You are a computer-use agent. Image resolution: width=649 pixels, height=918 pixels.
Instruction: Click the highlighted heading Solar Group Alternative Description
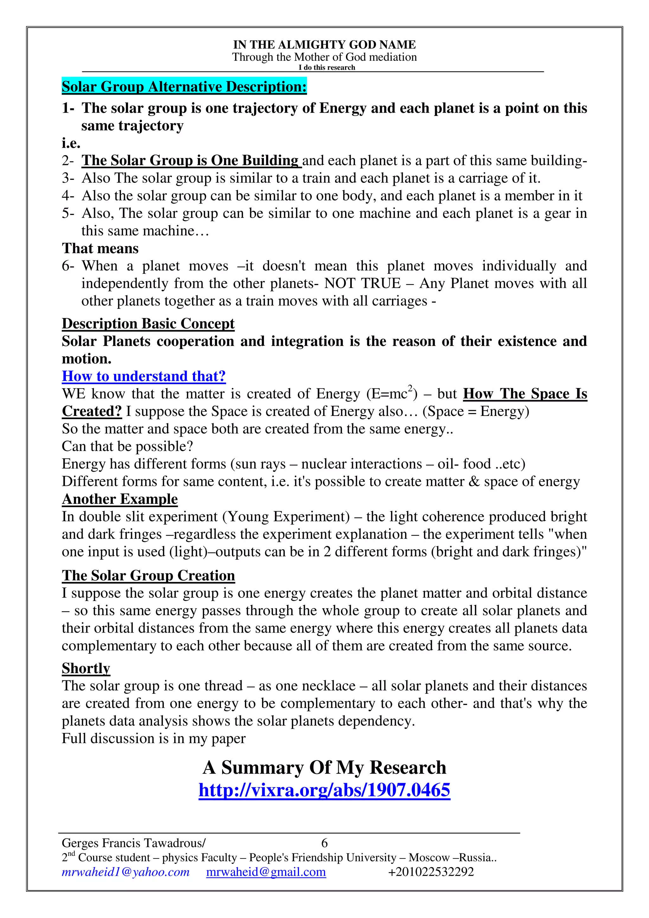184,86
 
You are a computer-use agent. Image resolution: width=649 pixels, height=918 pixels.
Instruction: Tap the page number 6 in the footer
324,843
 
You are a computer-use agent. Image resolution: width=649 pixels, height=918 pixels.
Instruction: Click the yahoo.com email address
125,872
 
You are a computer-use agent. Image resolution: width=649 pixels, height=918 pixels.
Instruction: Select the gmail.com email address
266,872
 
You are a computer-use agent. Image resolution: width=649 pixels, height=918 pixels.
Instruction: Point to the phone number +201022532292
431,872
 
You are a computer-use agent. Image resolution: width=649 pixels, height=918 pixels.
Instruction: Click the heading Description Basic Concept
148,323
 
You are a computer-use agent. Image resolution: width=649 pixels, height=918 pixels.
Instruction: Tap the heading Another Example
119,499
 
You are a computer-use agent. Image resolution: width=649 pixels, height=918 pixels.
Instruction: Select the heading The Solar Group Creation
148,575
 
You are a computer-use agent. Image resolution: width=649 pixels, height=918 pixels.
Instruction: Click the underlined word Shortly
86,668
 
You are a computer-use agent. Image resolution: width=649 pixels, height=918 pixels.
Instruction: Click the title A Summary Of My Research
324,767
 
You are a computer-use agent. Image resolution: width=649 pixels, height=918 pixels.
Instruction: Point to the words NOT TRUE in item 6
362,283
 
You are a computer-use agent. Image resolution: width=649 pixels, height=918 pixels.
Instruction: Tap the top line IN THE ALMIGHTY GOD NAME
324,44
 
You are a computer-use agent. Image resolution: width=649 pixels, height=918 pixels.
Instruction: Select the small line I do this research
327,67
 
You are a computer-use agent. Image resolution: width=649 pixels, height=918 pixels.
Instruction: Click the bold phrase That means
100,248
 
